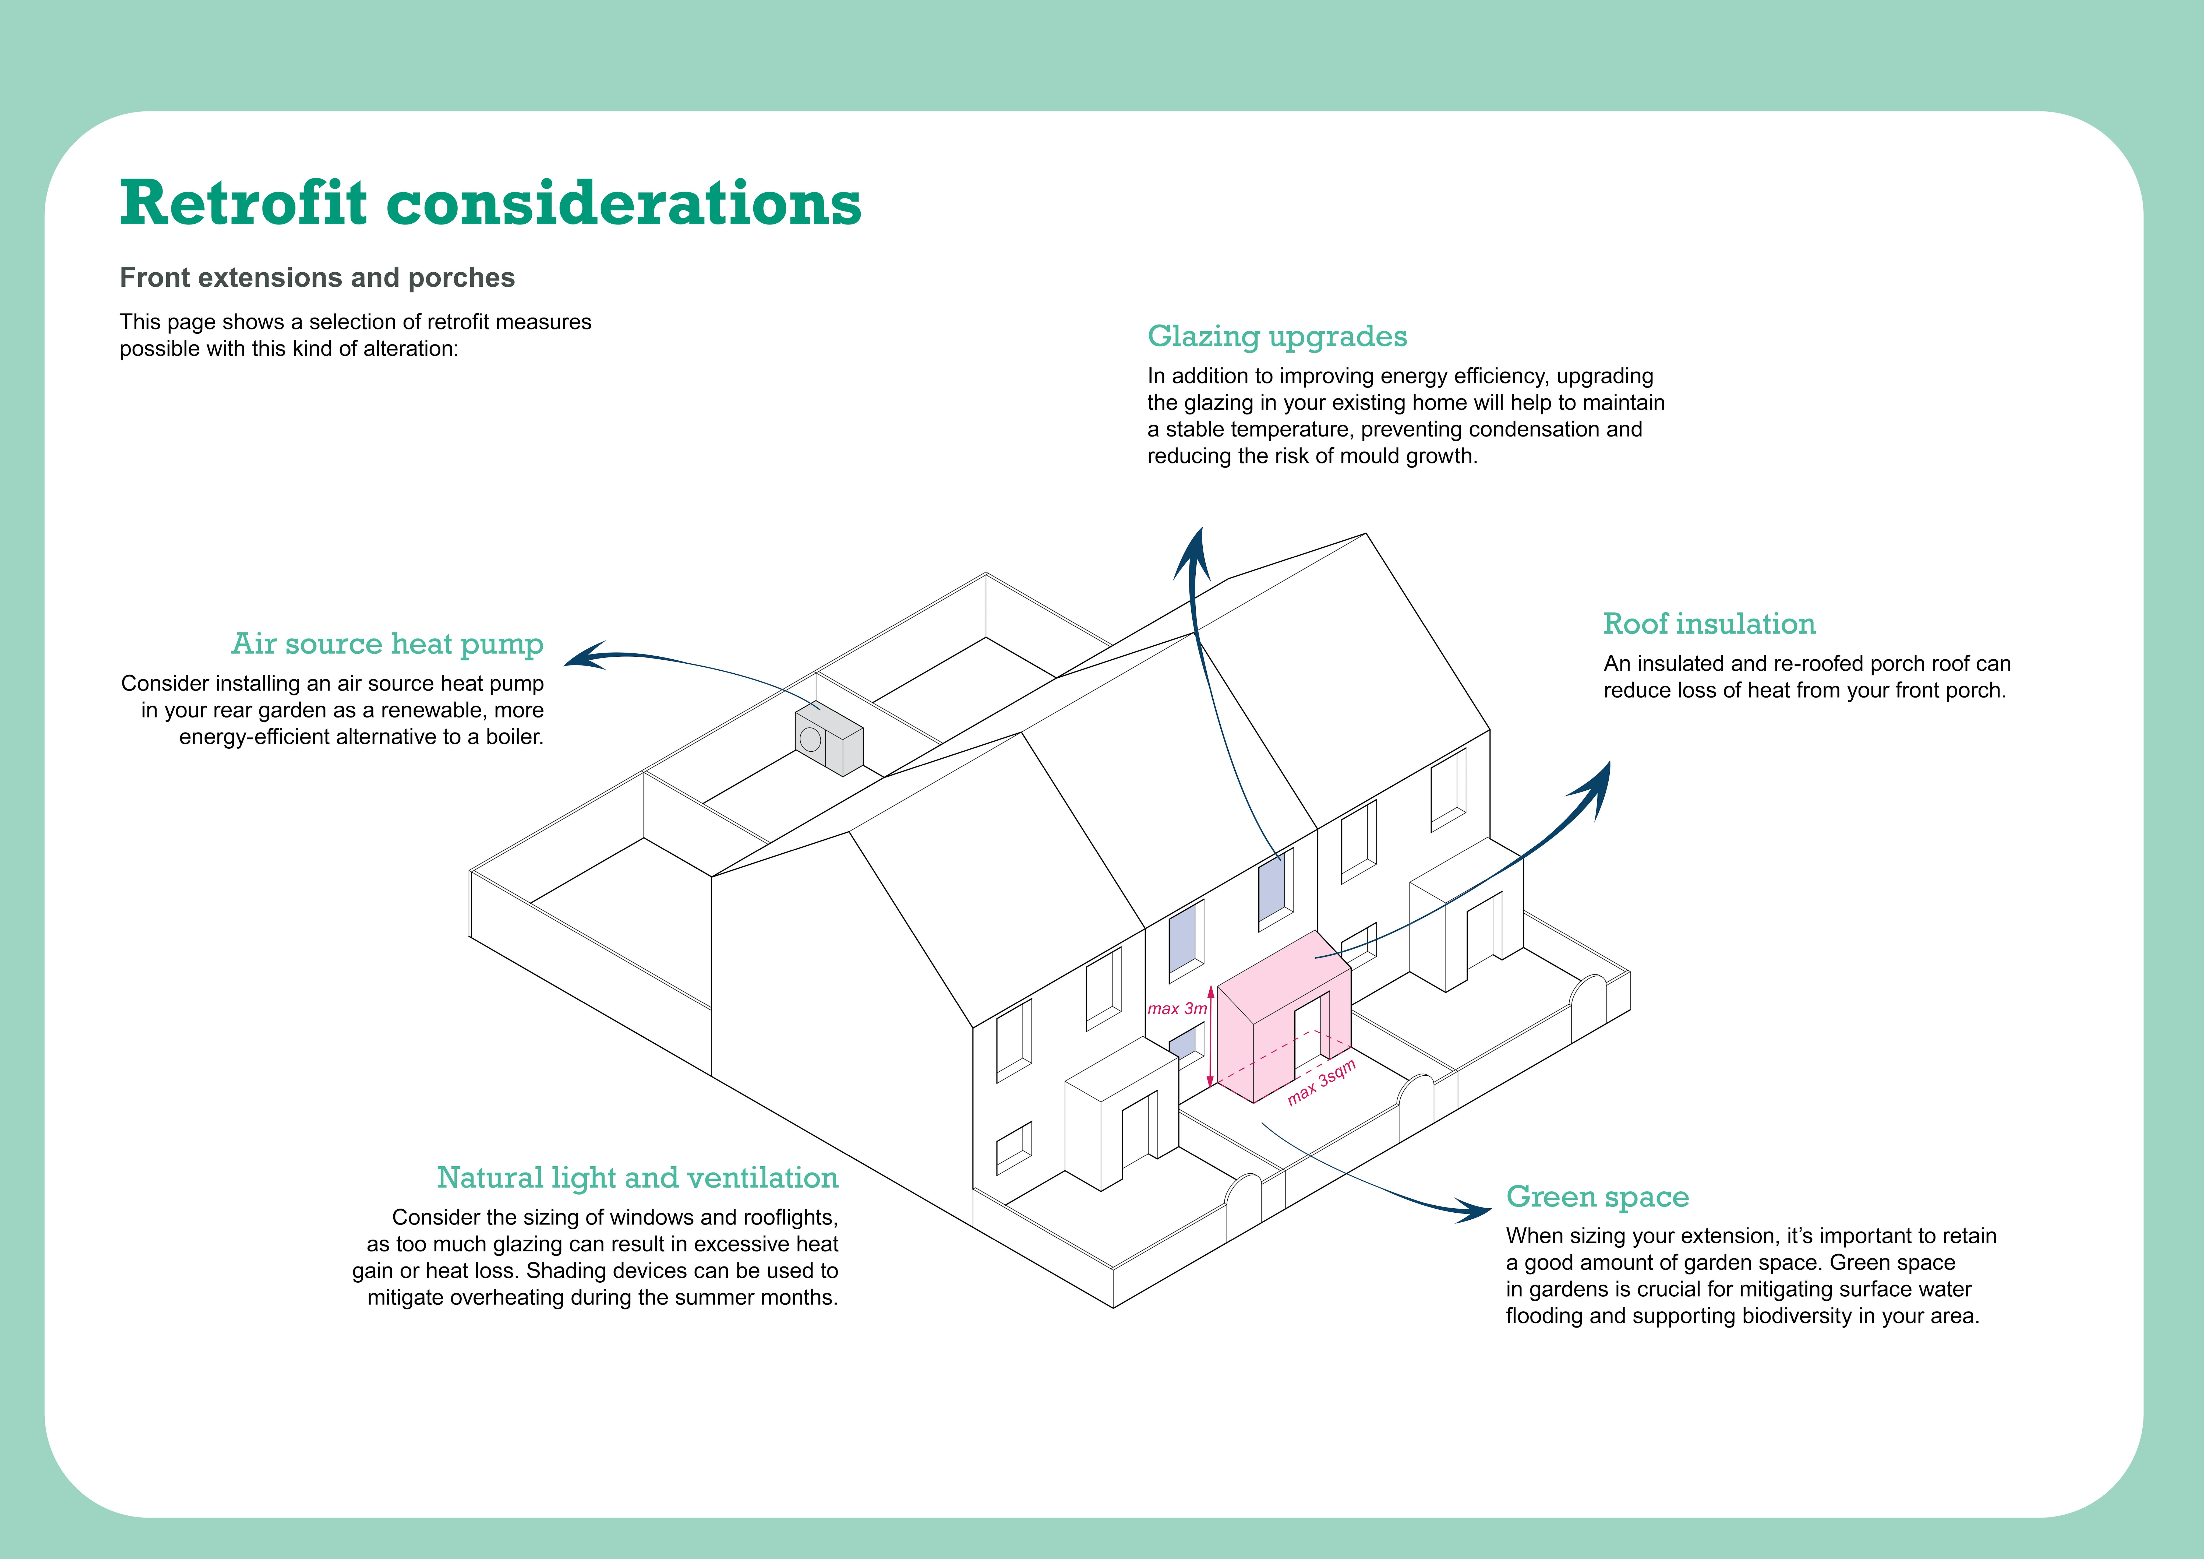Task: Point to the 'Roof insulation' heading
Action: tap(1709, 624)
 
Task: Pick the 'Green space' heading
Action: tap(1597, 1197)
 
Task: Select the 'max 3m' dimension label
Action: tap(1177, 1009)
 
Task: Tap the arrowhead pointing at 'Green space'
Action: tap(1474, 1210)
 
